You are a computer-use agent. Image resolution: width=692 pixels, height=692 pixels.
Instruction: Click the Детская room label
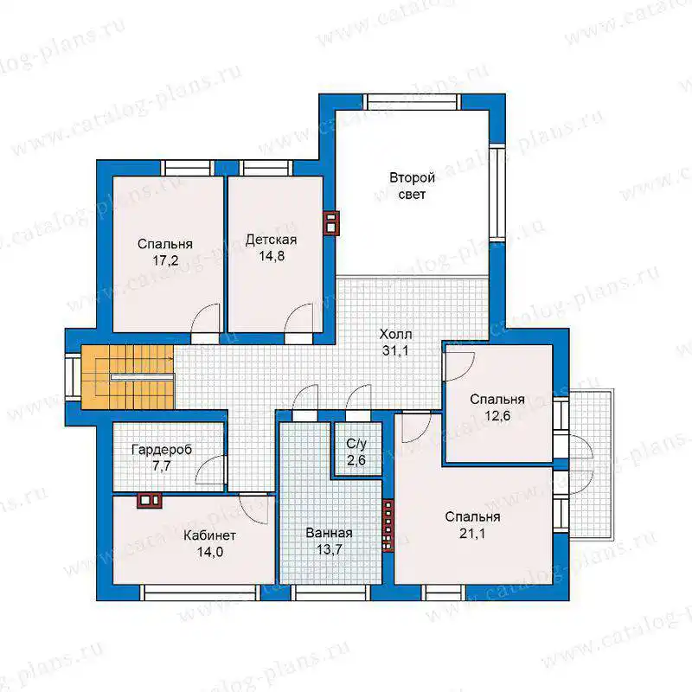click(271, 240)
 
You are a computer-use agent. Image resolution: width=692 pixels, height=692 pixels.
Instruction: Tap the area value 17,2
click(165, 261)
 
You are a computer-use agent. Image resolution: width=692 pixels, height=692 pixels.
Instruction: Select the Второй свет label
click(412, 186)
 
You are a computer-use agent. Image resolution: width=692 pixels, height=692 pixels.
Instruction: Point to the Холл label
click(395, 335)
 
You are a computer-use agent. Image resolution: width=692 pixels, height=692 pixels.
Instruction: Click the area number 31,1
click(395, 351)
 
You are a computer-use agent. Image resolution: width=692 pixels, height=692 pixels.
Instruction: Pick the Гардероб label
click(162, 450)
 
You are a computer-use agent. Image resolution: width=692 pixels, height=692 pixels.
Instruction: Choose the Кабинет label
click(209, 535)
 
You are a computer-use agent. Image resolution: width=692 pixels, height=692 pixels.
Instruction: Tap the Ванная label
click(330, 533)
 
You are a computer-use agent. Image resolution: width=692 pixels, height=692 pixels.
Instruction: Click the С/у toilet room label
click(356, 444)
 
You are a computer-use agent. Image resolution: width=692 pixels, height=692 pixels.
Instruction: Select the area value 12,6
click(497, 416)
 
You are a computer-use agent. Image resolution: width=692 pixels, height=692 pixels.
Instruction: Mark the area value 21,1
click(472, 534)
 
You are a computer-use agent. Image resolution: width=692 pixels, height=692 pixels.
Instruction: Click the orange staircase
click(128, 377)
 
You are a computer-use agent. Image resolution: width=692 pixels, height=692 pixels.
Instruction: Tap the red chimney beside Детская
click(331, 223)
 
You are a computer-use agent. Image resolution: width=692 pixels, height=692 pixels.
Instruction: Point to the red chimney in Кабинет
click(149, 501)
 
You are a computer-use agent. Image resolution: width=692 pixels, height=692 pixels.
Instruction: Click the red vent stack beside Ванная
click(388, 525)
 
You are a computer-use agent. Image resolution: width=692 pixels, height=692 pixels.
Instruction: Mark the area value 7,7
click(162, 466)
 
